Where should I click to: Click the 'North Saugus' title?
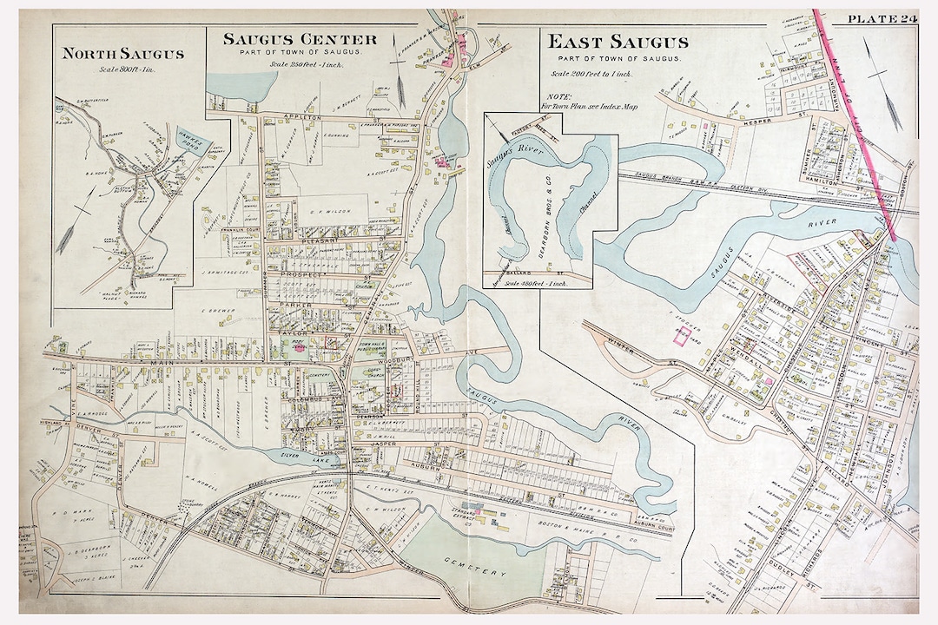pos(122,54)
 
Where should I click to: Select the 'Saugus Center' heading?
pos(300,39)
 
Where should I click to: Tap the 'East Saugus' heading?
pos(618,42)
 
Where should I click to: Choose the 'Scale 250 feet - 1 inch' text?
pos(300,65)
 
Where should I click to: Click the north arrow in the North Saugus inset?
pos(78,226)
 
